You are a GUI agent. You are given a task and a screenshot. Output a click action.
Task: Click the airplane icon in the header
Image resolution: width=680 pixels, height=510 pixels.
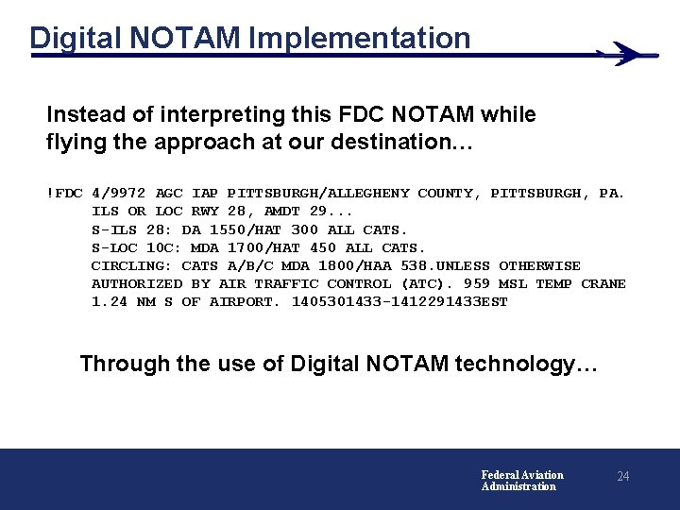[626, 54]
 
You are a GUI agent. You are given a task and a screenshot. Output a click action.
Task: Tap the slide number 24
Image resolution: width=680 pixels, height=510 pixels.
[622, 477]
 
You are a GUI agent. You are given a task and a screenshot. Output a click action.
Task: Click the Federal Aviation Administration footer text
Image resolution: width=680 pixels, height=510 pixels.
[522, 481]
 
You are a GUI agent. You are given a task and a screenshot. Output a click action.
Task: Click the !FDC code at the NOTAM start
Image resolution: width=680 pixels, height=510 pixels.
[64, 194]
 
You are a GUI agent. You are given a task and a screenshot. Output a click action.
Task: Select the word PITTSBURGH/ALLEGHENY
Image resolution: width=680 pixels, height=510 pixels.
[318, 194]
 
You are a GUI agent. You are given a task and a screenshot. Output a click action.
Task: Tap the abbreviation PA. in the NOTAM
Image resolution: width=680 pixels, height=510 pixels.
[611, 194]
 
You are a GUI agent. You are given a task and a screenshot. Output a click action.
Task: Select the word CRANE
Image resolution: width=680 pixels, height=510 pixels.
[603, 283]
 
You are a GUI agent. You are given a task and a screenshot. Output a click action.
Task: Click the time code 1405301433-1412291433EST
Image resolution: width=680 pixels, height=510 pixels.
[399, 302]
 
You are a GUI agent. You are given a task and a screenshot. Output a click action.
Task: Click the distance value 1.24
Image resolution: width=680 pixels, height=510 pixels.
[110, 302]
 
